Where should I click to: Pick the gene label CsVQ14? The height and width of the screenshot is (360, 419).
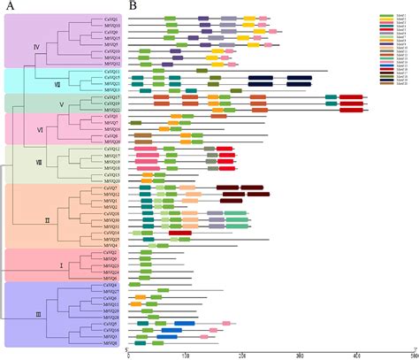tap(110, 233)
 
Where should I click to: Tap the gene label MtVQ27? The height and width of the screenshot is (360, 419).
tap(110, 290)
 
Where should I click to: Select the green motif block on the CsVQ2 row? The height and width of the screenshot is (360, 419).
tap(146, 252)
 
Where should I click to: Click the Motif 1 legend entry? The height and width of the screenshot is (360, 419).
tap(385, 14)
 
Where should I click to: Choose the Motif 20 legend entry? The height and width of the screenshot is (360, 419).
tap(385, 81)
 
